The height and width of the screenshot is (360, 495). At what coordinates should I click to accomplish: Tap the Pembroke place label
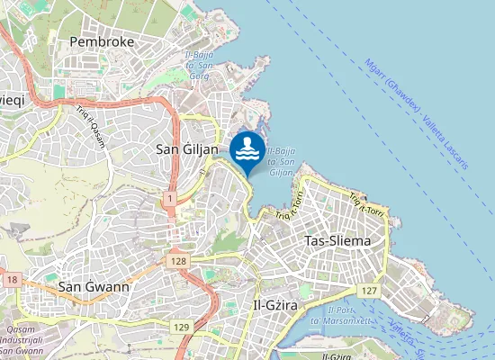(103, 41)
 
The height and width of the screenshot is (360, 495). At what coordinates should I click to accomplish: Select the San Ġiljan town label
(187, 148)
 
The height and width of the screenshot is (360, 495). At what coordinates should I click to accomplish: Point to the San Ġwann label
(94, 286)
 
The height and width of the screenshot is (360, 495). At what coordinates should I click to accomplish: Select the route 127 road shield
(368, 291)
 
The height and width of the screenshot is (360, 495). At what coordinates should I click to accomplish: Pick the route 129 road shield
(182, 326)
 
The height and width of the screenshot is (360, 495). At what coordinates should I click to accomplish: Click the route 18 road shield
(11, 280)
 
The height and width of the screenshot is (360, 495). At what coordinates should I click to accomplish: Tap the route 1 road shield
(169, 197)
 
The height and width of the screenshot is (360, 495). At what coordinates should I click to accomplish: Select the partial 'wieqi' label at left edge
(13, 99)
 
